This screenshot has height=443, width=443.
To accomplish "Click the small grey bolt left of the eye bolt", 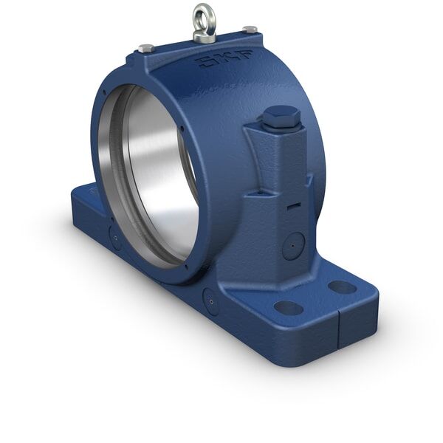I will [145, 48].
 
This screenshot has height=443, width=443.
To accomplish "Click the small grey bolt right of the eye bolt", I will [251, 30].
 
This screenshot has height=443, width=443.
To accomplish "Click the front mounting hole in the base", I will [288, 307].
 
